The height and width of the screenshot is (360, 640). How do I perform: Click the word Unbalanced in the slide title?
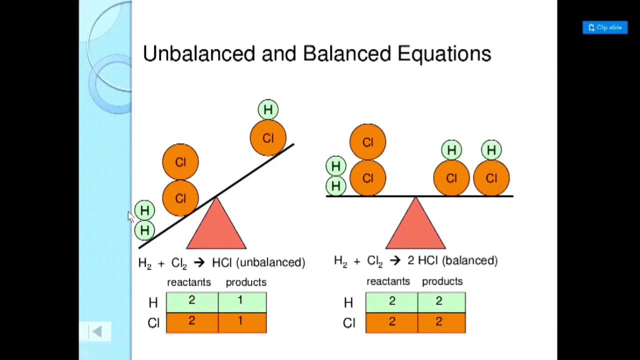198,53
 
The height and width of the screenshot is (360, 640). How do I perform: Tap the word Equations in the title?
444,53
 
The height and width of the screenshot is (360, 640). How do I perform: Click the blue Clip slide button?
604,27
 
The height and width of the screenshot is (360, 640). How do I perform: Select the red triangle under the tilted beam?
216,227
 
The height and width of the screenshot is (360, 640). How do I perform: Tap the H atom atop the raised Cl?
268,110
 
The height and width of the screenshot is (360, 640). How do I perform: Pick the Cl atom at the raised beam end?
268,138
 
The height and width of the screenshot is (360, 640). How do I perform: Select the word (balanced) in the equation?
470,260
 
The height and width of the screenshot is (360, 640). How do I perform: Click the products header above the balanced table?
442,281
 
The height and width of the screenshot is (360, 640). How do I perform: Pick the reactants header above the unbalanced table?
189,282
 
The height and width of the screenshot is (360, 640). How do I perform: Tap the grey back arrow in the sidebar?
97,331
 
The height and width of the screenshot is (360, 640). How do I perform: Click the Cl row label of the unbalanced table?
153,323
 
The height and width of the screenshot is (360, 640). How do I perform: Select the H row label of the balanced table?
348,302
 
